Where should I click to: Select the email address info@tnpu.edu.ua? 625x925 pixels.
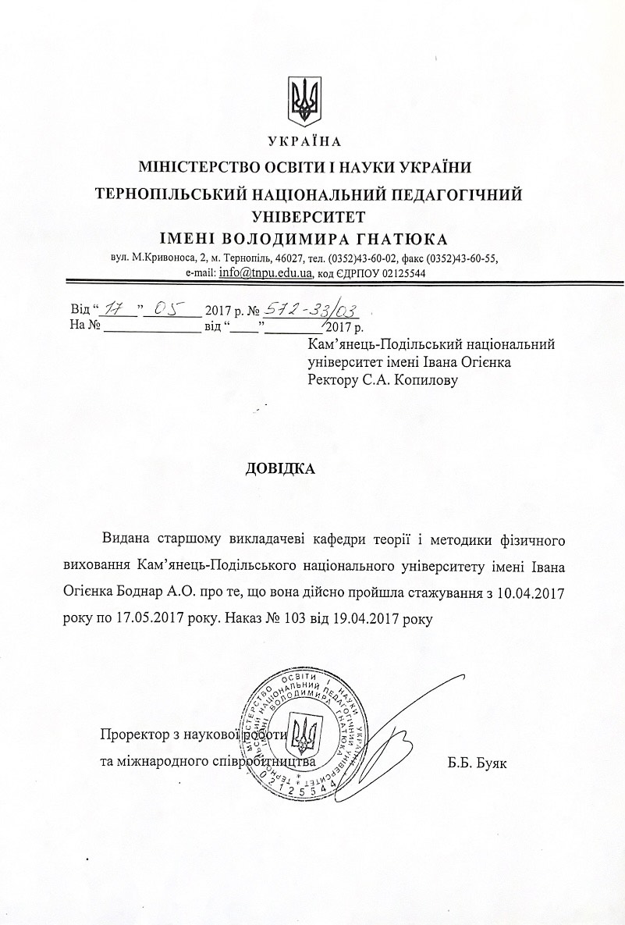click(x=266, y=273)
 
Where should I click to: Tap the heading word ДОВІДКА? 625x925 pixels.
click(x=281, y=470)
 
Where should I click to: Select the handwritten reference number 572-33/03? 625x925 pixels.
click(x=321, y=309)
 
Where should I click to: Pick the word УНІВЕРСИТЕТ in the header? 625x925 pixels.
click(x=307, y=215)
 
